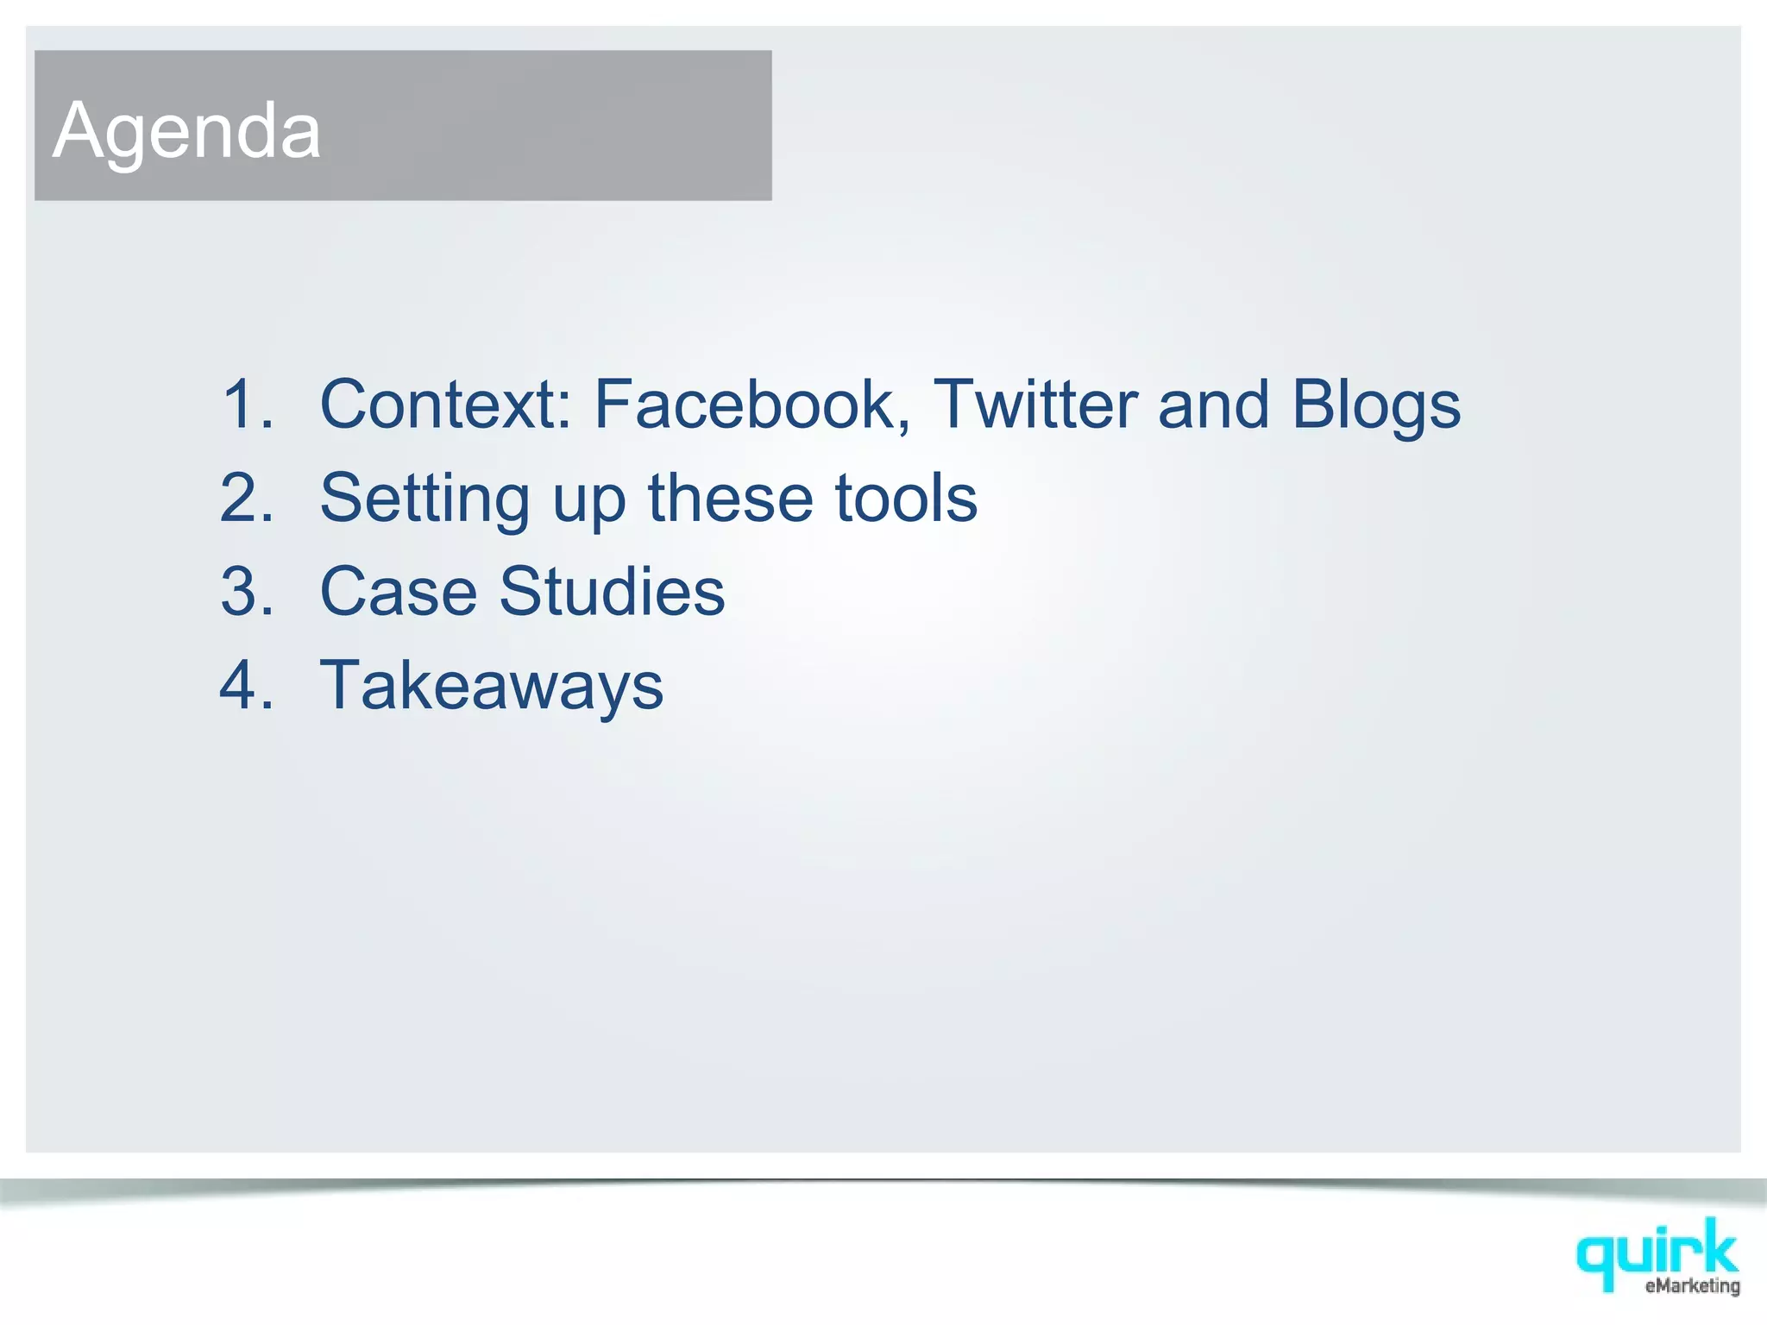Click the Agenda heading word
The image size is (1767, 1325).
186,130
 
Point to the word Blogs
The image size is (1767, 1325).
1376,405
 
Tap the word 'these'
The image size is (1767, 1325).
730,498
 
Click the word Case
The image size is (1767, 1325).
398,591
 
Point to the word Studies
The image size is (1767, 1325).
612,591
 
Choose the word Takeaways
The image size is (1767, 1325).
492,686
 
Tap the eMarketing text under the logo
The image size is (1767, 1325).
1692,1286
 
